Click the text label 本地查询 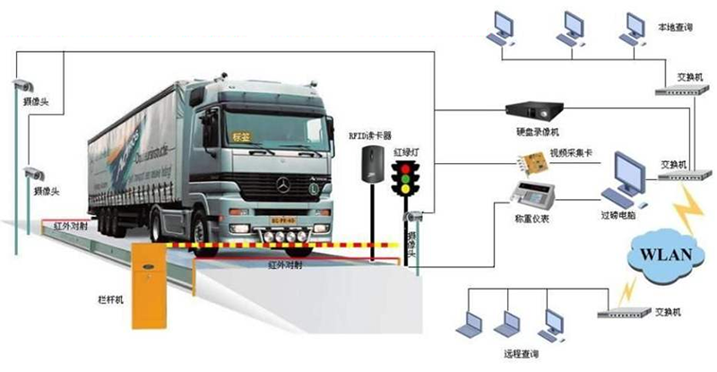(675, 29)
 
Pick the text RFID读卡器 (370, 135)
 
